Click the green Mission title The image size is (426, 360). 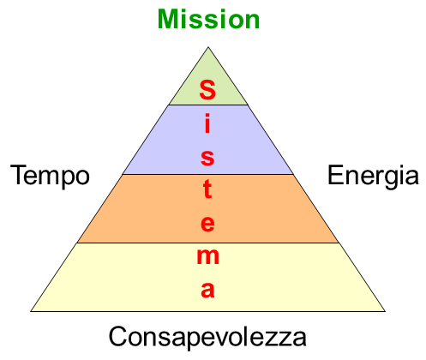point(208,19)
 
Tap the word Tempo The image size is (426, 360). point(50,176)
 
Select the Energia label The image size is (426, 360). point(373,176)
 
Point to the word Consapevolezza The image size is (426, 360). point(207,337)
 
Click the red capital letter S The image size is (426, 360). point(207,89)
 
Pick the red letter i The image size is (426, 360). point(207,123)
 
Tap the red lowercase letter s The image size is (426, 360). point(207,158)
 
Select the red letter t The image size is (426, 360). point(207,189)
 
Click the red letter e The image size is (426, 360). point(207,224)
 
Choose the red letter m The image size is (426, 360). point(208,256)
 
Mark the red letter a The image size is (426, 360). point(207,290)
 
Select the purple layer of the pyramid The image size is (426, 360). point(208,140)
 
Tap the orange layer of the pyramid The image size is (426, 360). point(208,208)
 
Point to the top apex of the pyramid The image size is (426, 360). point(208,47)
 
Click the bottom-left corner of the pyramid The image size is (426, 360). point(31,311)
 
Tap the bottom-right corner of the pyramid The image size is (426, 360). point(385,311)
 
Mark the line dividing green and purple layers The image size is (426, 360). point(208,105)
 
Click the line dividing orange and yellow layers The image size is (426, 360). point(208,243)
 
